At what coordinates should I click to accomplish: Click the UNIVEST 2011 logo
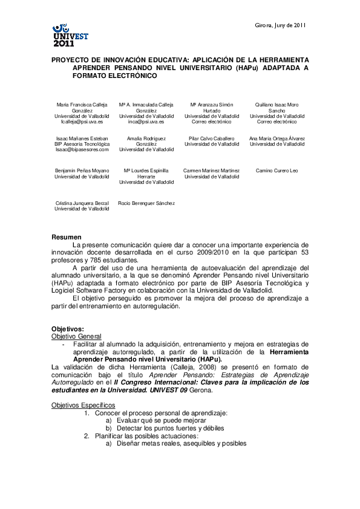70,36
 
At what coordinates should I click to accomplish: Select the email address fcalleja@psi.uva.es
82,122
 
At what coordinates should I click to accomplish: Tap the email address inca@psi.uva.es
146,122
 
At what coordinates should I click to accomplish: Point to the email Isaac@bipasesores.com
82,150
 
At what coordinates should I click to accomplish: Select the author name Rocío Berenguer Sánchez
146,203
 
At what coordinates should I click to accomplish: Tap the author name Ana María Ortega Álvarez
277,138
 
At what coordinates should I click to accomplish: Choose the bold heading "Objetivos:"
68,328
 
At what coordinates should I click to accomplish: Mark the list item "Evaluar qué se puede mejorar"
155,420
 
